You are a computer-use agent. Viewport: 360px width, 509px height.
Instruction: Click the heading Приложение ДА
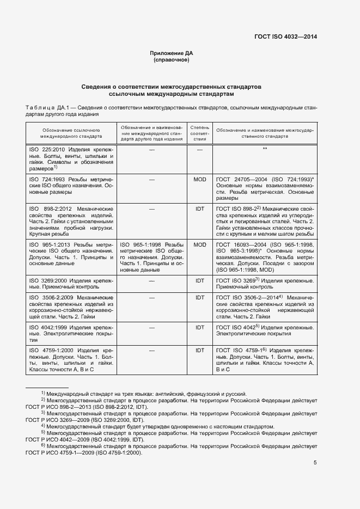tap(172, 53)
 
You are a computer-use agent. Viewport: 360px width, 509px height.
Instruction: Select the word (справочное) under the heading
tap(172, 60)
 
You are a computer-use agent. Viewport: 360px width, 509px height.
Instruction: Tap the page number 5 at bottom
tap(315, 463)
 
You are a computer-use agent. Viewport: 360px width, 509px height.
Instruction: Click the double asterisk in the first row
tap(265, 149)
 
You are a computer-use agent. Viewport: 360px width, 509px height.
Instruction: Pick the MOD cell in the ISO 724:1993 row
tap(199, 179)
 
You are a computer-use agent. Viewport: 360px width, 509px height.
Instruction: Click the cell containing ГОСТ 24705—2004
tap(265, 188)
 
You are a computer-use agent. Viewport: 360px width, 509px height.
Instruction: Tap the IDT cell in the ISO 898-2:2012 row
tap(199, 208)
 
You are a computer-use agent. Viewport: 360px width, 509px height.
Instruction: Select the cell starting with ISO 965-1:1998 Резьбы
tap(151, 257)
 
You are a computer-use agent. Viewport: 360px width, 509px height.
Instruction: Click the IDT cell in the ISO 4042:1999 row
tap(199, 327)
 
